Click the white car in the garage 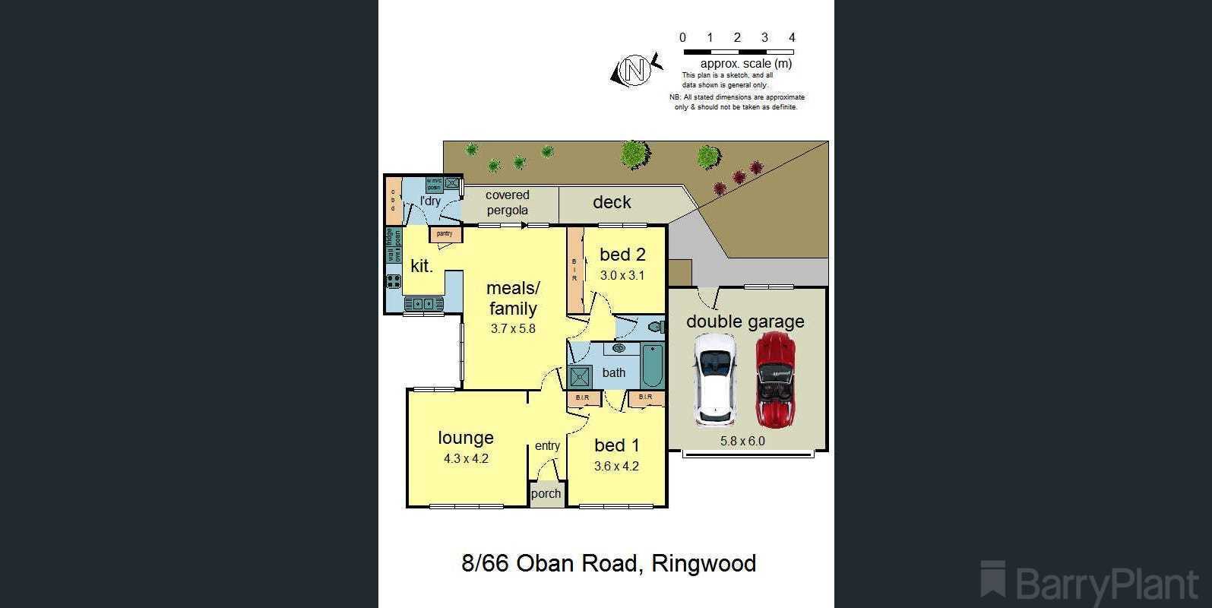pyautogui.click(x=714, y=380)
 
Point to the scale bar pyautogui.click(x=738, y=52)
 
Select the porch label pyautogui.click(x=546, y=494)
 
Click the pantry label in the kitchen pyautogui.click(x=445, y=234)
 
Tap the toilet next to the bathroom pyautogui.click(x=655, y=328)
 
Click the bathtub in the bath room pyautogui.click(x=652, y=366)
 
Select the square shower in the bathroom pyautogui.click(x=581, y=377)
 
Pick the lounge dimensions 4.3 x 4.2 pyautogui.click(x=466, y=458)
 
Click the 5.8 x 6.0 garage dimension pyautogui.click(x=742, y=441)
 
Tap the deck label pyautogui.click(x=612, y=202)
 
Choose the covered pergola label pyautogui.click(x=508, y=202)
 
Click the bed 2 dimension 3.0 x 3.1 pyautogui.click(x=622, y=275)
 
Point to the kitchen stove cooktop pyautogui.click(x=394, y=280)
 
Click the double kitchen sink pyautogui.click(x=423, y=303)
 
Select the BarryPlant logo pyautogui.click(x=1088, y=583)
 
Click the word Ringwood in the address pyautogui.click(x=704, y=563)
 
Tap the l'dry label pyautogui.click(x=430, y=201)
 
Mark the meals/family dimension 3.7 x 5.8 pyautogui.click(x=513, y=328)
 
